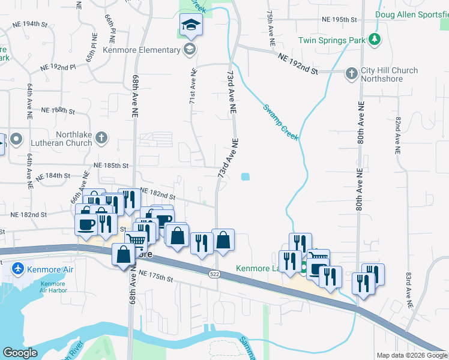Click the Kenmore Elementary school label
(x=142, y=50)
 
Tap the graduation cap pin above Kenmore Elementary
(x=191, y=26)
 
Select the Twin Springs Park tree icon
(x=375, y=40)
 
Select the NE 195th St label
(x=339, y=19)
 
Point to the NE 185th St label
(x=112, y=165)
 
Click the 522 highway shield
(x=214, y=274)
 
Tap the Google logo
(x=20, y=353)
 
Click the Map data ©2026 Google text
(x=411, y=355)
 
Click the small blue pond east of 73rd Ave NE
(x=245, y=176)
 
